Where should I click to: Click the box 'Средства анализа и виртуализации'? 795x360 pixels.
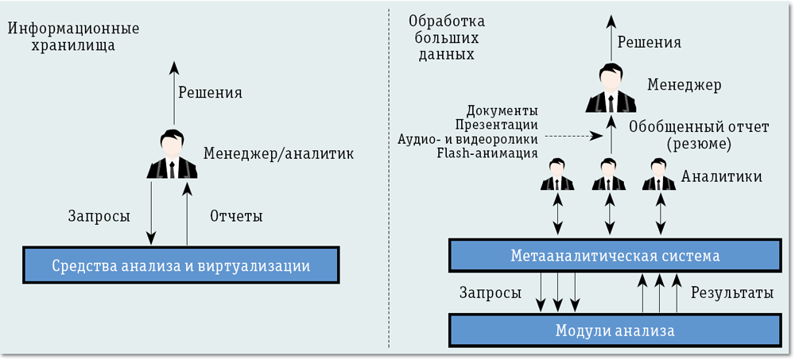click(x=180, y=265)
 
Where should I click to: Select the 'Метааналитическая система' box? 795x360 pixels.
click(x=614, y=255)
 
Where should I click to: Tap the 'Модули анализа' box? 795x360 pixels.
click(x=614, y=330)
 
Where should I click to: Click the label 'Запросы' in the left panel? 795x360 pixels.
click(x=99, y=215)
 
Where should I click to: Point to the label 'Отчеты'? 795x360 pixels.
click(x=236, y=215)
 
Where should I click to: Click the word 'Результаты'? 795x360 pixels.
click(x=731, y=292)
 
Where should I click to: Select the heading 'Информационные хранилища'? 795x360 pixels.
click(x=74, y=37)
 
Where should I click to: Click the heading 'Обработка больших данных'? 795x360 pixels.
click(x=445, y=37)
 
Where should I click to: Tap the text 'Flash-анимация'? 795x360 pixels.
click(x=487, y=153)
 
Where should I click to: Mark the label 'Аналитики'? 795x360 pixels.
click(x=721, y=176)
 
